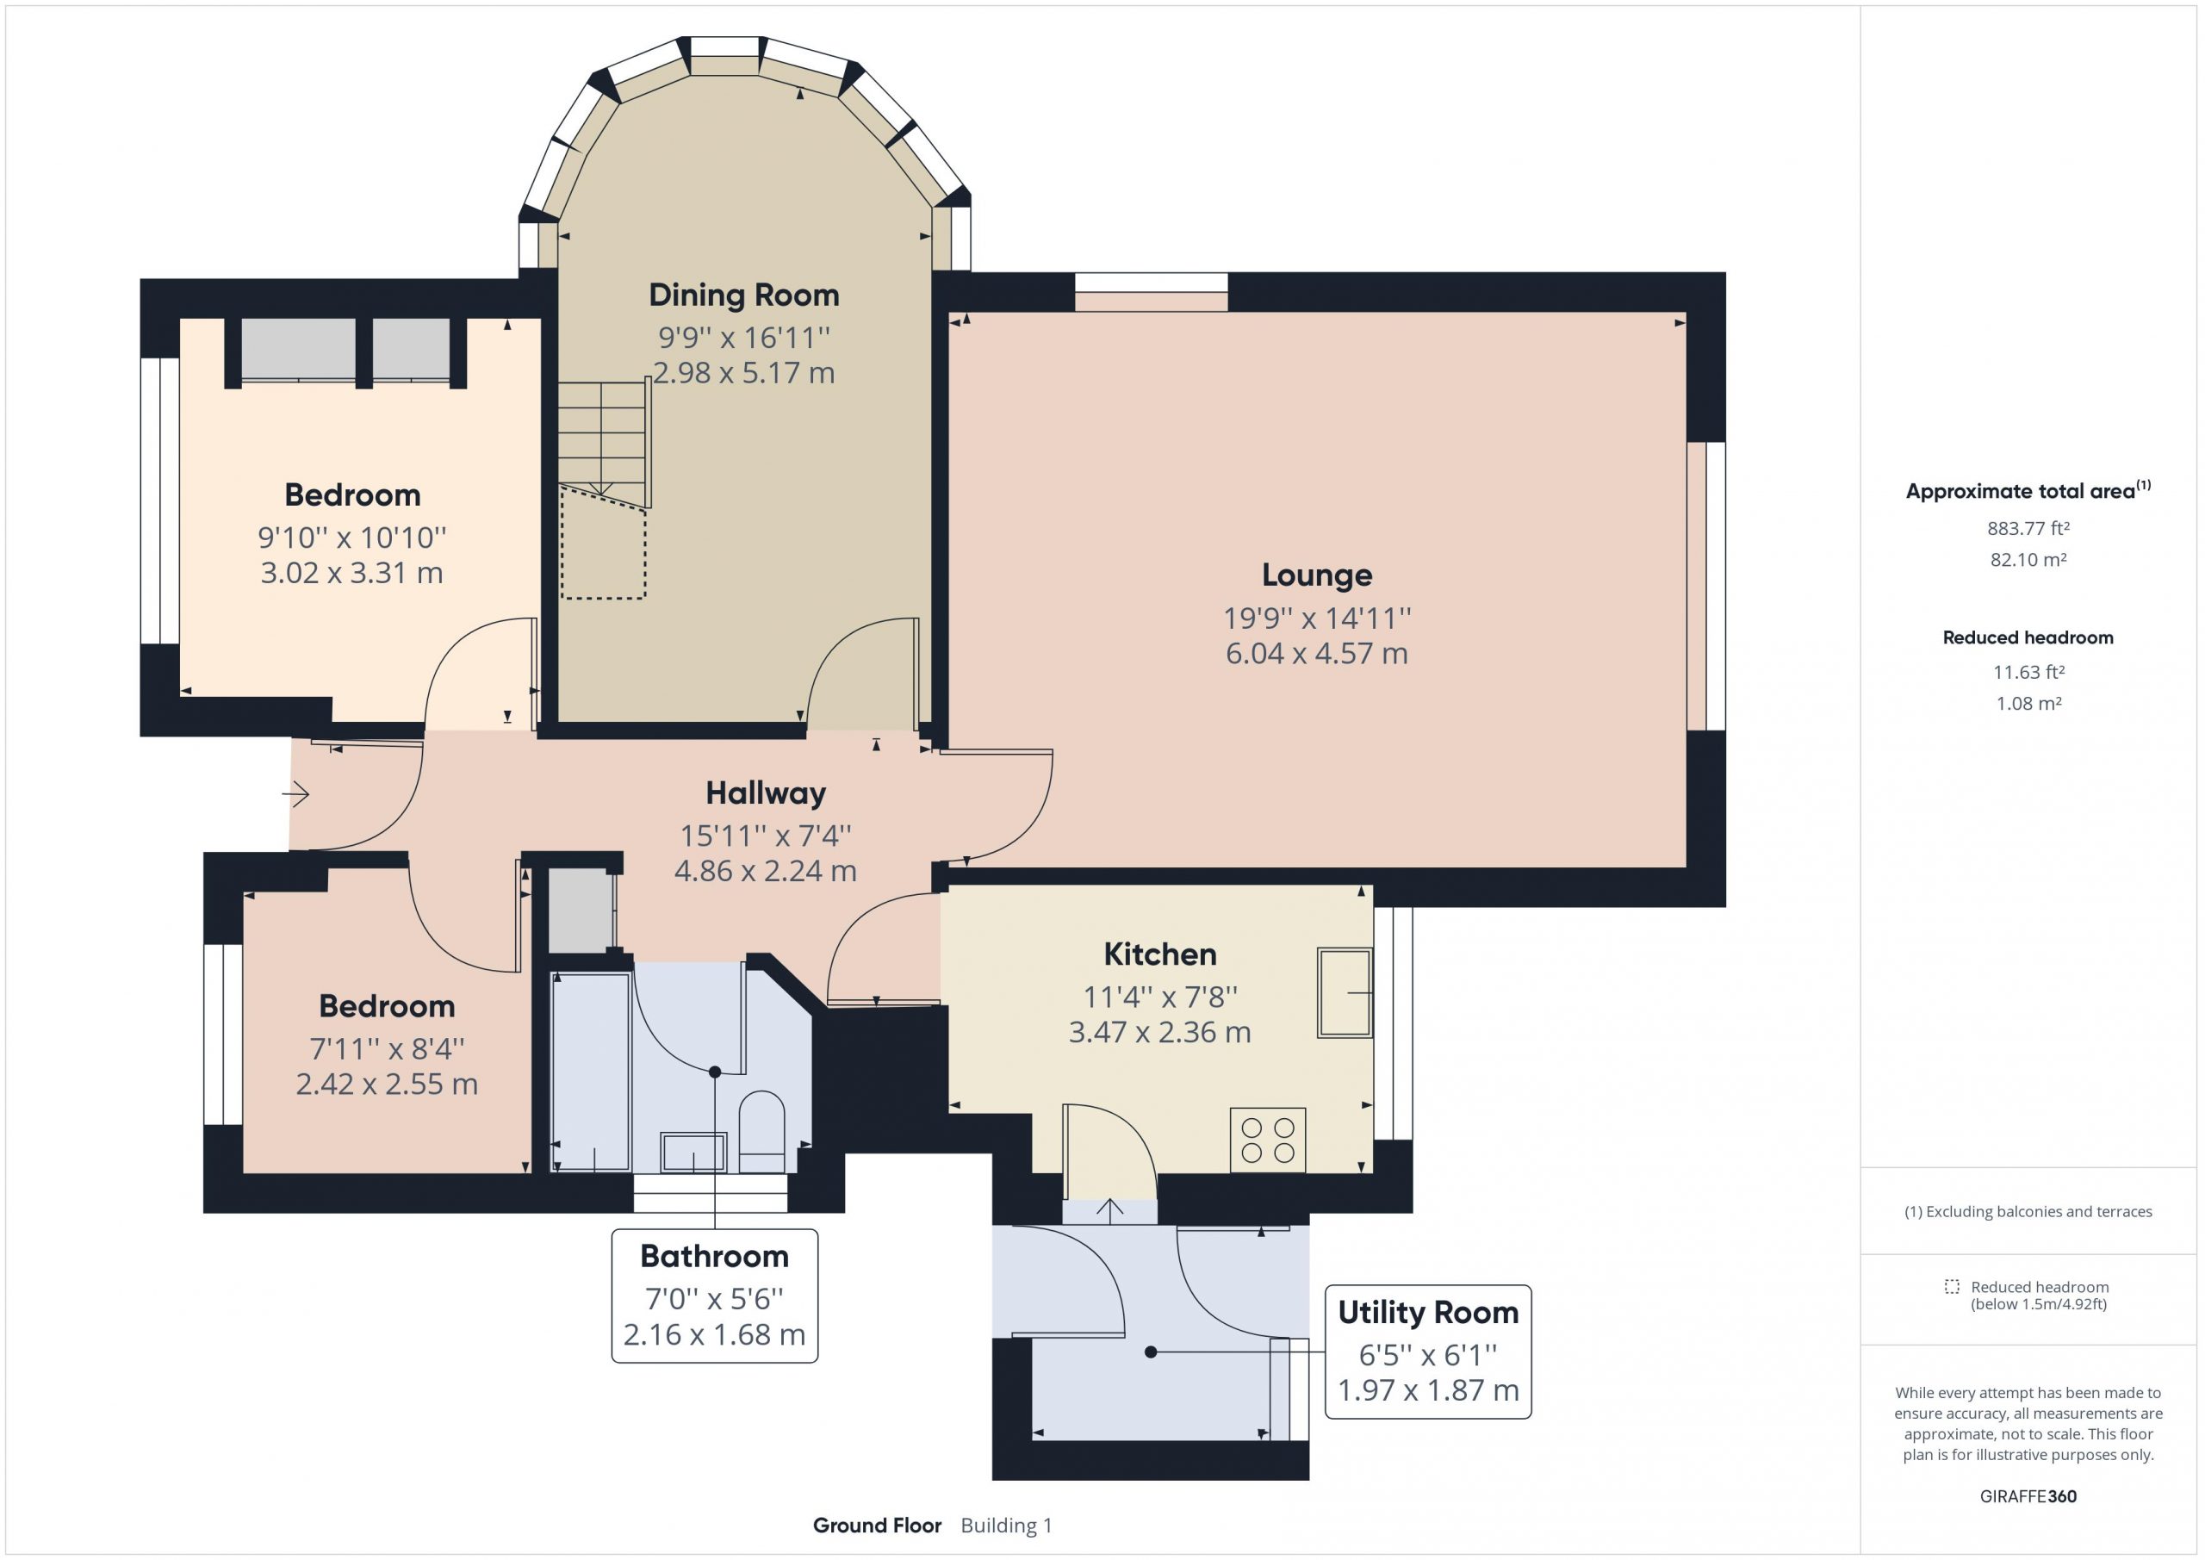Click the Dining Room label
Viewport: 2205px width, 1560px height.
coord(744,295)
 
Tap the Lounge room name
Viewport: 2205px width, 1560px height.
coord(1317,575)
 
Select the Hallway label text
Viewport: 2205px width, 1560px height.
coord(766,793)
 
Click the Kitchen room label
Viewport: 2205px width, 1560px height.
coord(1160,954)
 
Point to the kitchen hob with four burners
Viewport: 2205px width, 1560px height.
coord(1268,1140)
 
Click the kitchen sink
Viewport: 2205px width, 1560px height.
coord(1345,992)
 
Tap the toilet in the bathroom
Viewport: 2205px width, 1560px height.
coord(761,1131)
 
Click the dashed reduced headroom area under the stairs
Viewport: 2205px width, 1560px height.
coord(603,543)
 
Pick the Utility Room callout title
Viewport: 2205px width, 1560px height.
coord(1428,1312)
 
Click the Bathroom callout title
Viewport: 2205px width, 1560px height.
coord(715,1257)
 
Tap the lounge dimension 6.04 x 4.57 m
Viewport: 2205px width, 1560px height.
coord(1317,653)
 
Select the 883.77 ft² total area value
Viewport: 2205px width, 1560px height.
coord(2028,528)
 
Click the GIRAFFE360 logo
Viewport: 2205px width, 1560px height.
coord(2028,1496)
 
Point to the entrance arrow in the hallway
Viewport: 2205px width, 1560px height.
coord(295,794)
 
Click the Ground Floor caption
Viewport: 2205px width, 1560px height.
coord(877,1526)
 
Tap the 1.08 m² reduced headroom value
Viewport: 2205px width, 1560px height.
coord(2028,703)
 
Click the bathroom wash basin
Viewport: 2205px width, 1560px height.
coord(693,1152)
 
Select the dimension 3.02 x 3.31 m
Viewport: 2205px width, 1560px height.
coord(351,574)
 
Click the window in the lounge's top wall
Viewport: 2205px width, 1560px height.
coord(1152,292)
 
